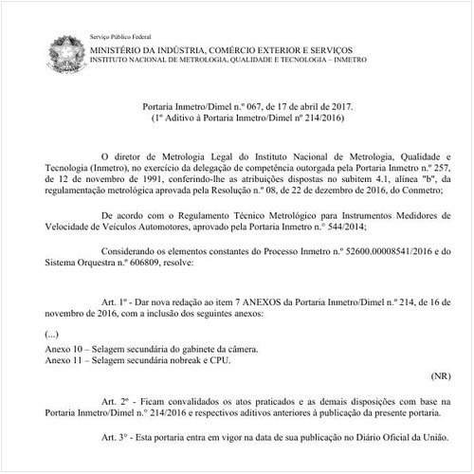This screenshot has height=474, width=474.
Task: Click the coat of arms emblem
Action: [x=66, y=51]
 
